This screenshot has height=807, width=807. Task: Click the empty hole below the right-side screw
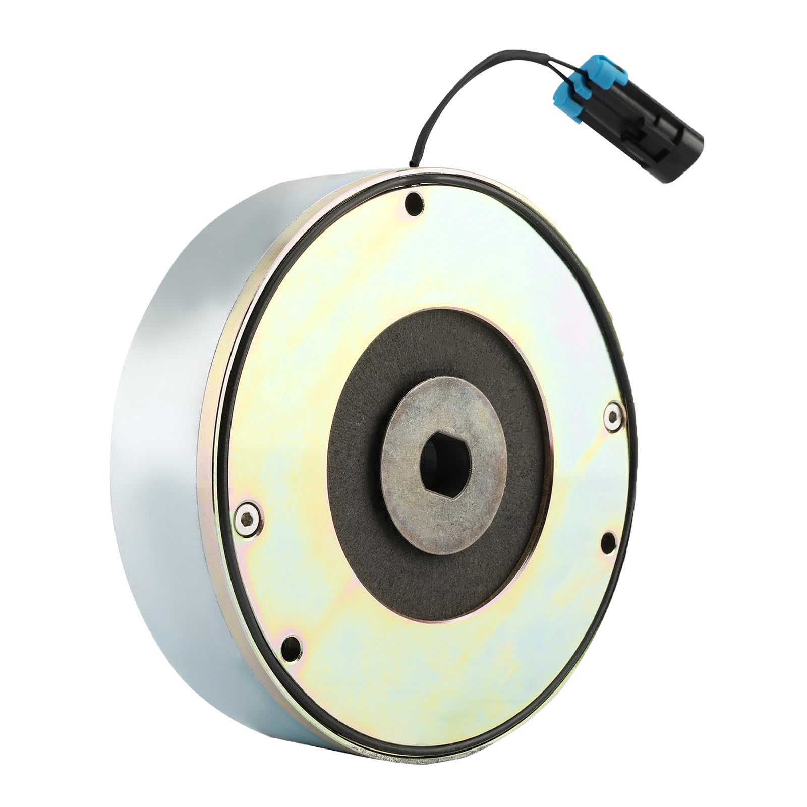(x=609, y=541)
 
